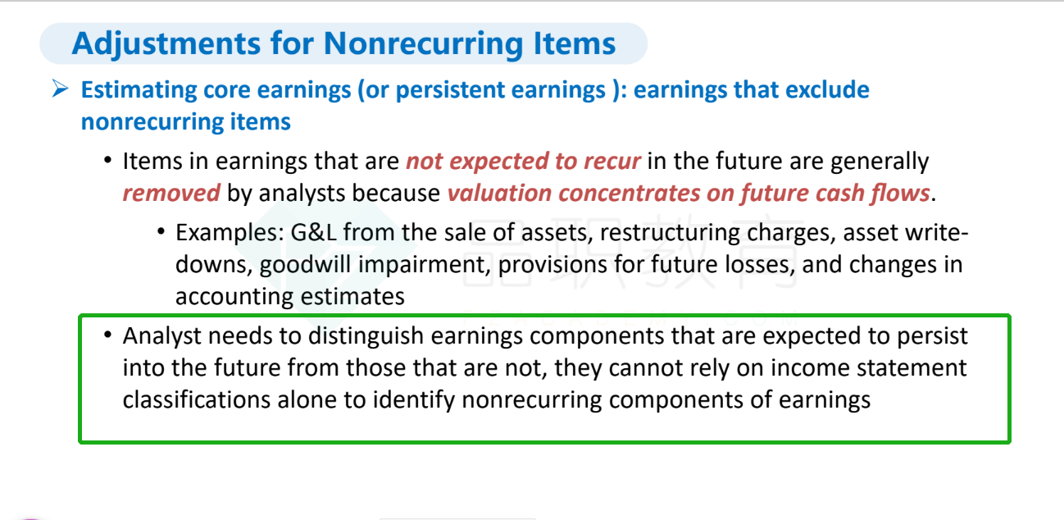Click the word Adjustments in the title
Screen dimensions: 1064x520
point(166,44)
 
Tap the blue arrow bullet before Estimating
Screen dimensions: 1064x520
point(61,89)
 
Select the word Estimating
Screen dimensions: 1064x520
point(139,90)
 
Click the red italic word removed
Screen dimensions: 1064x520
point(171,193)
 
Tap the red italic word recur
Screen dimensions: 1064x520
point(612,161)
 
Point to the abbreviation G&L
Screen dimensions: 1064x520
point(313,232)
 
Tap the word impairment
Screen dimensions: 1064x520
point(424,265)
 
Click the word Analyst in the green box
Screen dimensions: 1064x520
point(162,336)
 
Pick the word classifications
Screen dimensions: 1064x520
point(197,399)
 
